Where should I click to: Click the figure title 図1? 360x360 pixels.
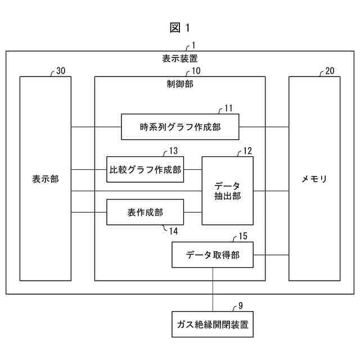click(180, 28)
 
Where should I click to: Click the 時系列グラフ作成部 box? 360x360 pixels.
click(180, 127)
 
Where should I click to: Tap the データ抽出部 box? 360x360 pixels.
click(227, 191)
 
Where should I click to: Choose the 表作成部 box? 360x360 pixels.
click(145, 212)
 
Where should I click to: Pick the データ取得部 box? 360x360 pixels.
click(212, 255)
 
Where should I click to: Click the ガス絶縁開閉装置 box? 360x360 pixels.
click(212, 325)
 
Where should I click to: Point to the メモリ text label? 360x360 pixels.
click(314, 179)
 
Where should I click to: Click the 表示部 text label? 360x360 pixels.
click(46, 179)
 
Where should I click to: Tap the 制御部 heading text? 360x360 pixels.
click(180, 84)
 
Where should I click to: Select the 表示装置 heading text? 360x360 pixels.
click(180, 58)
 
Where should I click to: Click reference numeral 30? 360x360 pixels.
click(61, 71)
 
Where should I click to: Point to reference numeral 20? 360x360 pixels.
click(330, 71)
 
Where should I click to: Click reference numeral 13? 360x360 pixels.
click(173, 150)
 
